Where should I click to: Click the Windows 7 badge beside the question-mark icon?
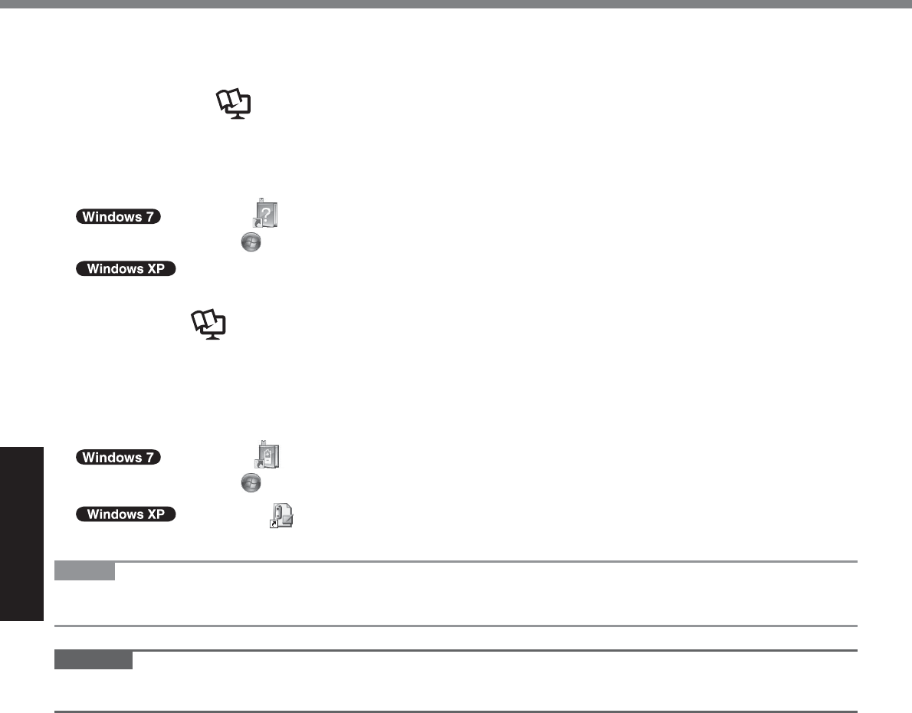coord(119,216)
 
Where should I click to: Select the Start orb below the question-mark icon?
coord(251,242)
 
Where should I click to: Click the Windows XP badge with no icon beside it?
coord(126,269)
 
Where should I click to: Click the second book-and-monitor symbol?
coord(209,325)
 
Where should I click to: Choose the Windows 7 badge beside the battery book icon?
coord(119,458)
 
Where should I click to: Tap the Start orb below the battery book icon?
coord(251,482)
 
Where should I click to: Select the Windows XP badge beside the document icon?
coord(126,514)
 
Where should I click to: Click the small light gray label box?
coord(85,571)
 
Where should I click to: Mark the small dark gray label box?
coord(94,660)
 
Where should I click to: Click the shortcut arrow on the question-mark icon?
coord(258,223)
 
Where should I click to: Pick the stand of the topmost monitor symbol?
coord(240,115)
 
